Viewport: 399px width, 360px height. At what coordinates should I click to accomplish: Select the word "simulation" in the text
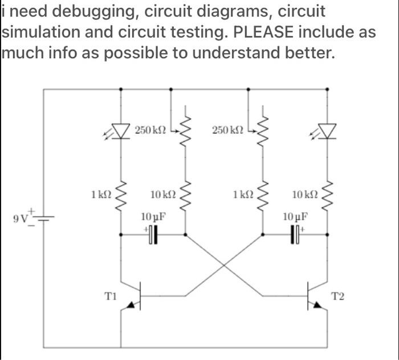pyautogui.click(x=42, y=32)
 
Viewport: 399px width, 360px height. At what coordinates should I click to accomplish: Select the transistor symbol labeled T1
pyautogui.click(x=135, y=297)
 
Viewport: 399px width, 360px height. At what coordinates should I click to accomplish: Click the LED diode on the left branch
pyautogui.click(x=121, y=131)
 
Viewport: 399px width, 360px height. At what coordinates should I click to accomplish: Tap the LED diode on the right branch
pyautogui.click(x=327, y=131)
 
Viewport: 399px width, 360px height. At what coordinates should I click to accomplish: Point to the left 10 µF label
pyautogui.click(x=152, y=217)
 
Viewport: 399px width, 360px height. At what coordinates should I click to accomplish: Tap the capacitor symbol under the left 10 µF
pyautogui.click(x=153, y=234)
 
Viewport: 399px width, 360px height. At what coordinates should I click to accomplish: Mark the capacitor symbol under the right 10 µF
pyautogui.click(x=295, y=234)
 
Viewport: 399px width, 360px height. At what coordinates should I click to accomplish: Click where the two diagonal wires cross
pyautogui.click(x=223, y=265)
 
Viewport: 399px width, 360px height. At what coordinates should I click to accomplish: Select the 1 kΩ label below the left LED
pyautogui.click(x=100, y=195)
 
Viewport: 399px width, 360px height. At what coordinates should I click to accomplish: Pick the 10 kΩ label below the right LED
pyautogui.click(x=302, y=195)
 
